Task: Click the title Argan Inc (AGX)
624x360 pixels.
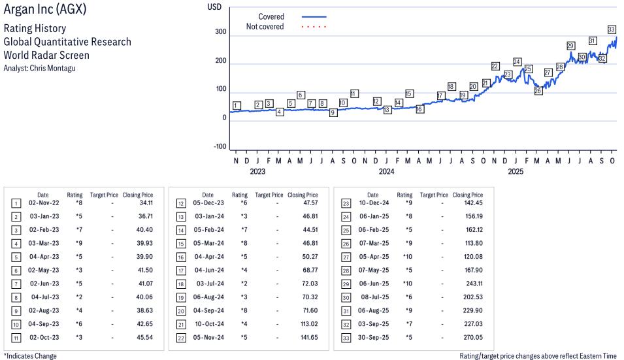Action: click(x=44, y=10)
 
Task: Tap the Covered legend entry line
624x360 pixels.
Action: click(x=314, y=16)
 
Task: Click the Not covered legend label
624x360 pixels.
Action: click(x=265, y=27)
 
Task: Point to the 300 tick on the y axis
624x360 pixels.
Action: click(x=220, y=32)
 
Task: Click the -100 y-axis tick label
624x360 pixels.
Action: click(x=219, y=146)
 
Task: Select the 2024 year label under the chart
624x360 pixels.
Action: click(x=386, y=172)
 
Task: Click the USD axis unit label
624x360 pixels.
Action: click(x=214, y=7)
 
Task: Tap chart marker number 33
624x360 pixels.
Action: click(x=612, y=29)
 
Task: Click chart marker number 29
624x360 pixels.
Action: click(x=570, y=46)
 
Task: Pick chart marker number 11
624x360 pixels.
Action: click(x=354, y=93)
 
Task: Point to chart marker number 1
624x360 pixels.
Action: click(x=236, y=105)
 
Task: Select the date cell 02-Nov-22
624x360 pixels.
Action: click(x=42, y=203)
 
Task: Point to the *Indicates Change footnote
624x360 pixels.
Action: click(x=30, y=356)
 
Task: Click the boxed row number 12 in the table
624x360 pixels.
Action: click(x=181, y=203)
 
